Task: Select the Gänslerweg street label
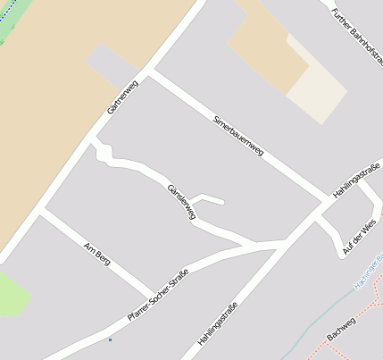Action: click(181, 202)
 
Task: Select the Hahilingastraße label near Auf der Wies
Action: click(356, 181)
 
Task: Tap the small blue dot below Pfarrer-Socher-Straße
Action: click(111, 339)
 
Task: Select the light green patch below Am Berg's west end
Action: click(12, 294)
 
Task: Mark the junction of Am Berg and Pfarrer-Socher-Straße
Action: click(153, 292)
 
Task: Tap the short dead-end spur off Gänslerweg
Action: click(206, 198)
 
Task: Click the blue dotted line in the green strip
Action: click(2, 40)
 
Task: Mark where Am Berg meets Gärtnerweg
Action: click(40, 212)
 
